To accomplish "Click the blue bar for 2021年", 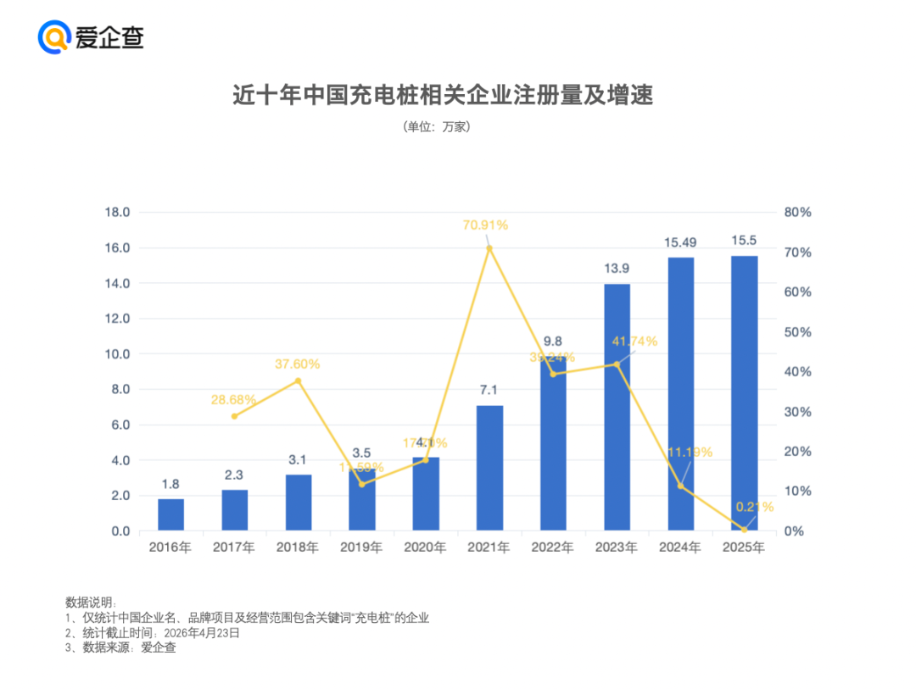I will (x=489, y=468).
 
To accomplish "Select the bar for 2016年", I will (x=170, y=514).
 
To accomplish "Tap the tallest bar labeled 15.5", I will (x=744, y=393).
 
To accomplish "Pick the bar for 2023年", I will (x=617, y=407).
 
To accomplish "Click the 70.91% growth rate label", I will (x=485, y=225).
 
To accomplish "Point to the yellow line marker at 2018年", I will (x=298, y=381).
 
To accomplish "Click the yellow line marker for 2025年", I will (x=744, y=530).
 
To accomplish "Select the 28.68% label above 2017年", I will (x=233, y=399).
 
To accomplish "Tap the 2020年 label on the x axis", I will (x=425, y=548).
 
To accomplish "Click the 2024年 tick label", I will (x=680, y=548).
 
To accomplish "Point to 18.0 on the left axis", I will (x=116, y=213).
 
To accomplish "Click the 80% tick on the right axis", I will (x=797, y=213).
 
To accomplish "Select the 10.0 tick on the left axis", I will (x=116, y=354).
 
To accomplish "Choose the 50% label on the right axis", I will (x=797, y=332).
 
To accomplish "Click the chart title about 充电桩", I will (x=443, y=95).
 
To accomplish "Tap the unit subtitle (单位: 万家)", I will (x=437, y=127).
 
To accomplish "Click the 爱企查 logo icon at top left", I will (x=53, y=37).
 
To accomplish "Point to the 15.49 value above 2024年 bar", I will (x=680, y=243).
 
